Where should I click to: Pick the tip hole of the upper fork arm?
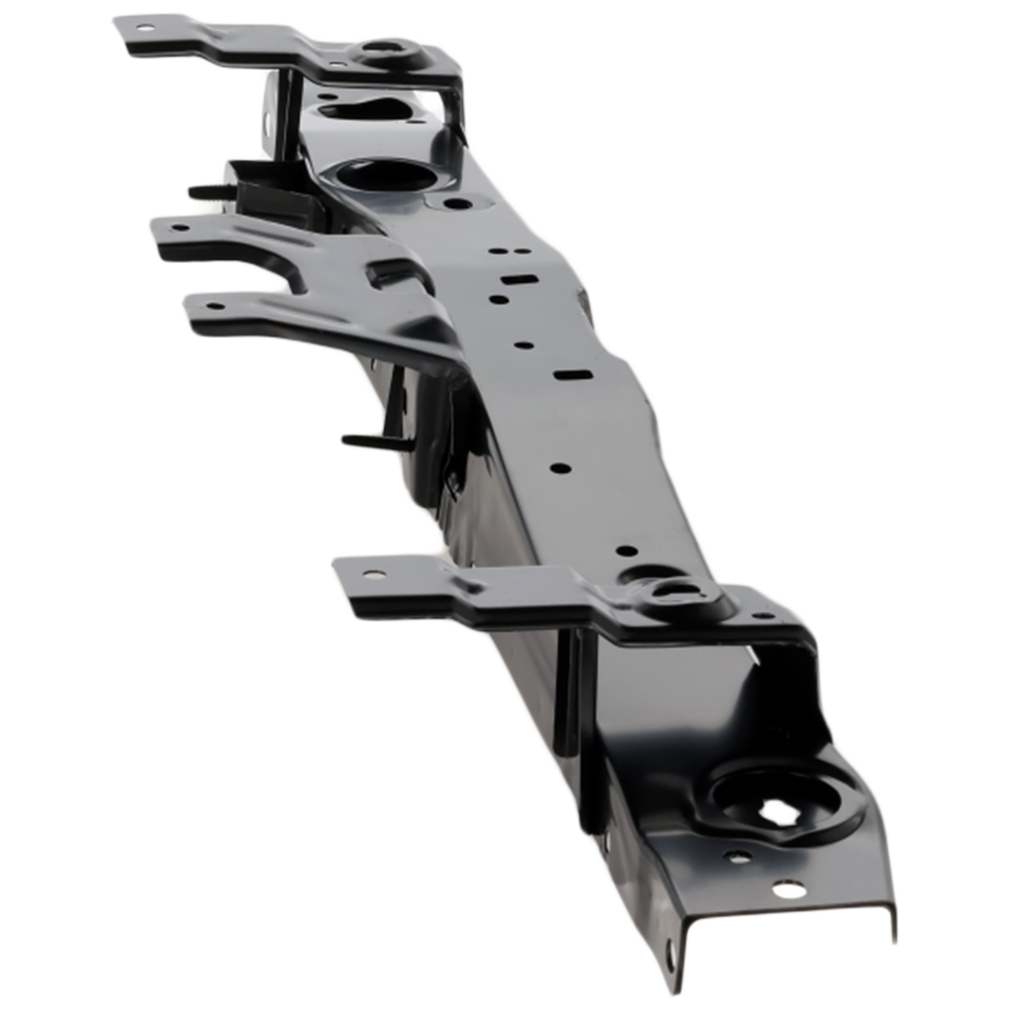click(180, 228)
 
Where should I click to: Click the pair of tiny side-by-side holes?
click(500, 253)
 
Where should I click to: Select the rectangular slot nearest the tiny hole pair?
click(512, 281)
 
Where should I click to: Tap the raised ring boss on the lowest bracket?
click(671, 590)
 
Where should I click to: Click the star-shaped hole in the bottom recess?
click(780, 811)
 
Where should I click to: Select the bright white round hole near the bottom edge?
click(786, 891)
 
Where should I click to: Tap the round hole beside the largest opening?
click(457, 204)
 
